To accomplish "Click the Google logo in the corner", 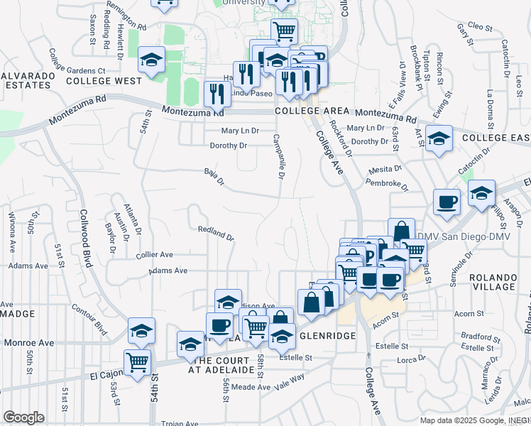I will (23, 417).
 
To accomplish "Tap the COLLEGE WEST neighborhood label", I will (104, 82).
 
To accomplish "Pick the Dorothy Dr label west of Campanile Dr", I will (228, 146).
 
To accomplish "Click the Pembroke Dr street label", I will (387, 185).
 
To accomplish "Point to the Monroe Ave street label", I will (28, 342).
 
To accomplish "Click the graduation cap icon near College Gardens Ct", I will (152, 60).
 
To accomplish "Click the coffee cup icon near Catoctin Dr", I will (447, 202).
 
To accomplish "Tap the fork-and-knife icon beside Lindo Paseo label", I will (217, 93).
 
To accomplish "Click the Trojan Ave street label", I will (181, 422).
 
